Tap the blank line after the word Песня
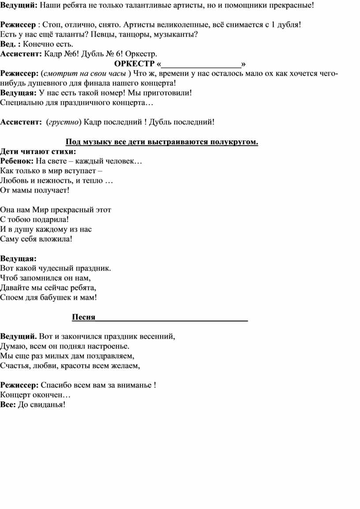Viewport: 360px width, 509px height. tap(172, 317)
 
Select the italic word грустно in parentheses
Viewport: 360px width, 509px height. tap(64, 122)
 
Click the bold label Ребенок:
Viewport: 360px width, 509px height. tap(17, 161)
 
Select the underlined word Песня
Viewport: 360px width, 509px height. tap(84, 317)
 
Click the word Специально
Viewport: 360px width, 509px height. tap(22, 103)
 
